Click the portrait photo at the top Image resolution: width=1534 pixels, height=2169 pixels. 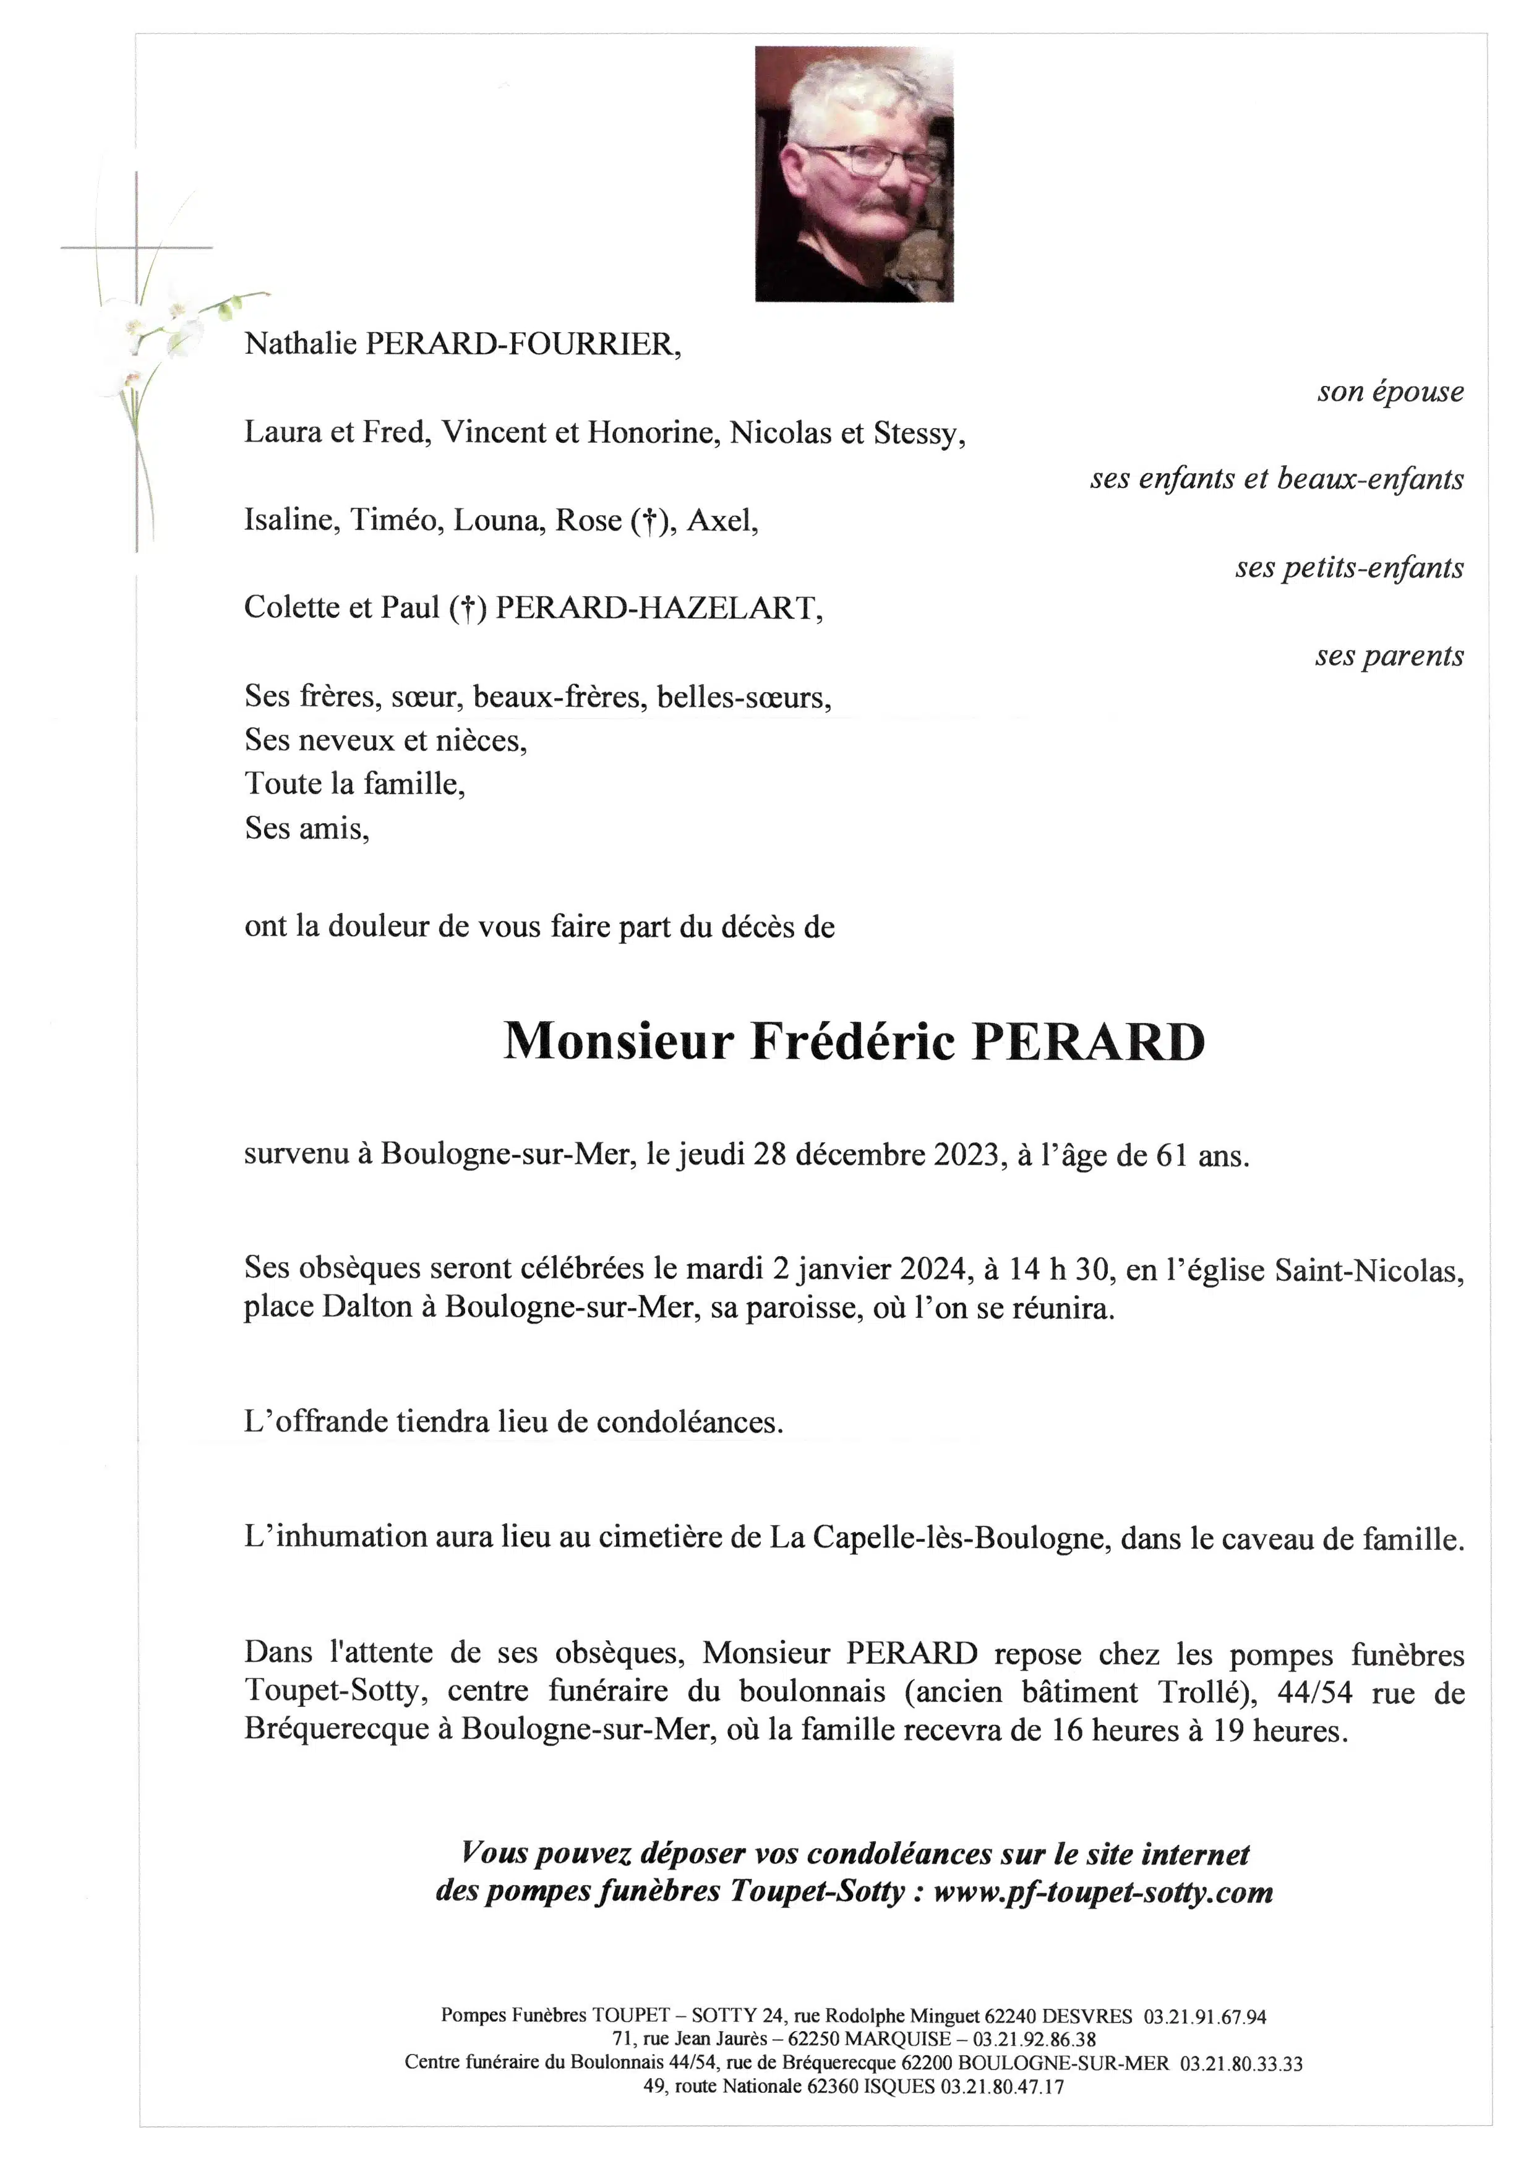[x=854, y=174]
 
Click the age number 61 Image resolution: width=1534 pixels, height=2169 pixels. [x=1172, y=1155]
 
